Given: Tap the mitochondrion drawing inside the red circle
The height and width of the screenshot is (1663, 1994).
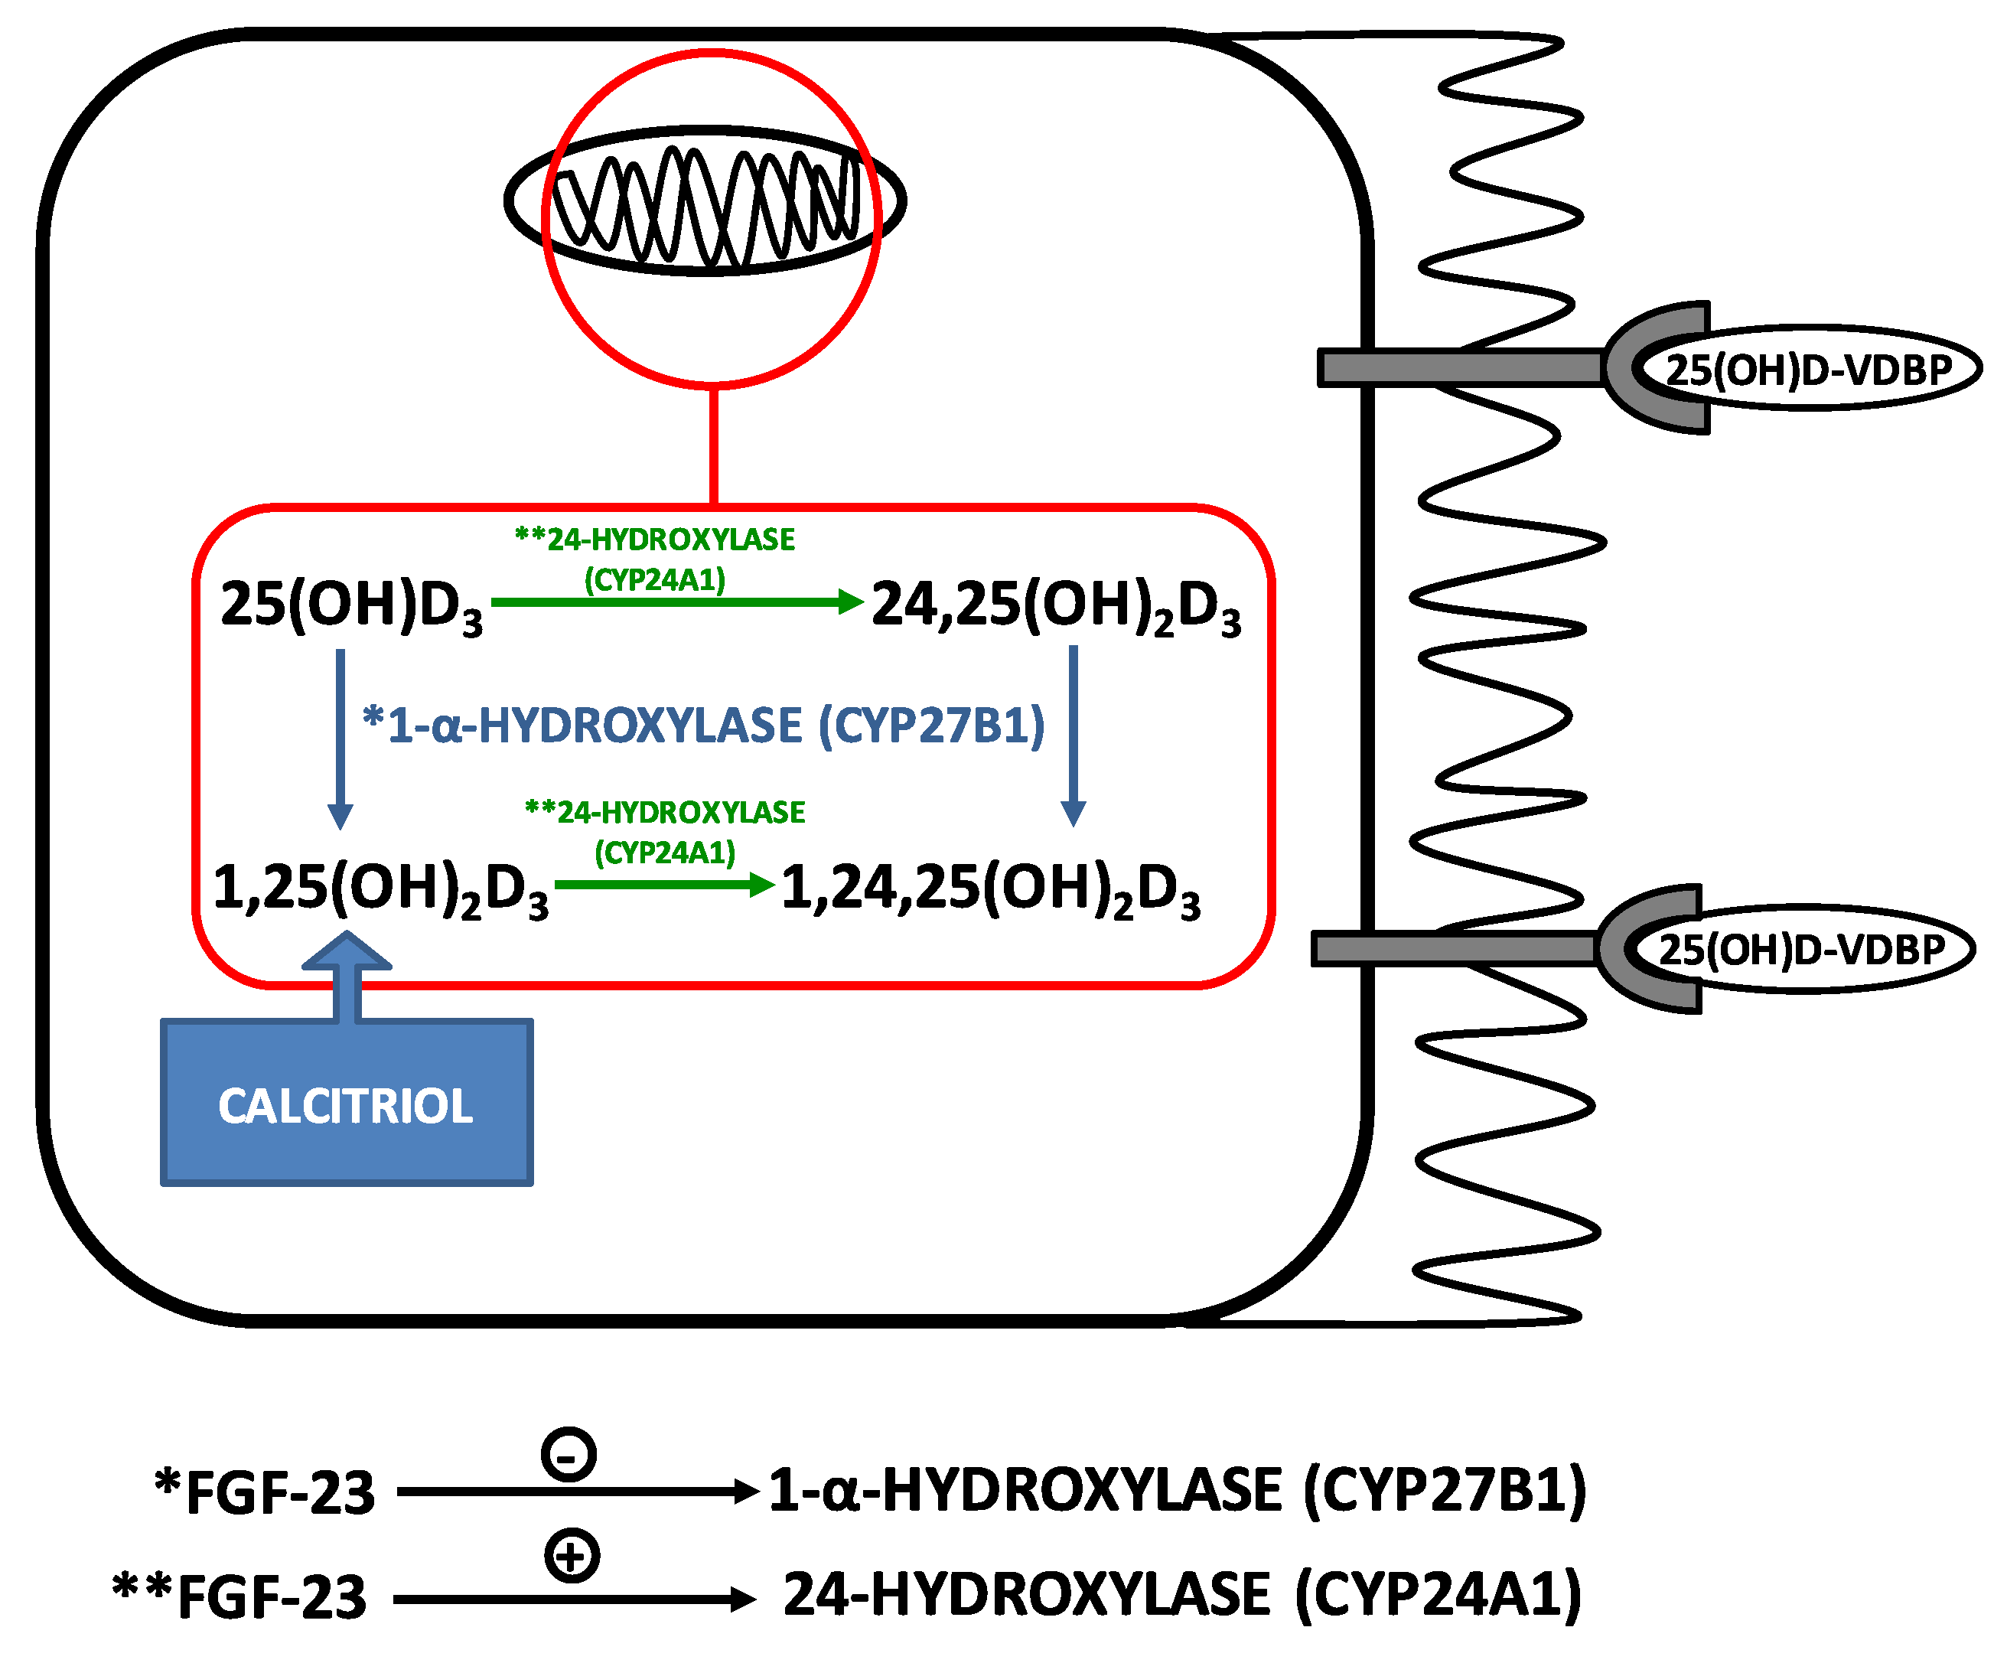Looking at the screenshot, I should point(705,201).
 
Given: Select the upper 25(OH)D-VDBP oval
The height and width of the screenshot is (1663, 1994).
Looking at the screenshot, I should point(1808,369).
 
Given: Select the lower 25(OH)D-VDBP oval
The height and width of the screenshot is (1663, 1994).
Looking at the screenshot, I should point(1801,949).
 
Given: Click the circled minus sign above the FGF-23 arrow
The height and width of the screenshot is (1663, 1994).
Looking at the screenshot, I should point(569,1454).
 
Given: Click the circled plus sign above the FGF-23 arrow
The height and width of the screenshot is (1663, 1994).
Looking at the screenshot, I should point(572,1556).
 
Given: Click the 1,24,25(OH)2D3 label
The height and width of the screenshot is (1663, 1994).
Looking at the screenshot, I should point(990,890).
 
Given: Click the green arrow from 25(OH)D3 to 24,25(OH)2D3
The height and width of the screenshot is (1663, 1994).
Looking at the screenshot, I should point(676,602).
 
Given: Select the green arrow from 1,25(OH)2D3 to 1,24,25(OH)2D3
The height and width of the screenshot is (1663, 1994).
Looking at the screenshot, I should point(665,884).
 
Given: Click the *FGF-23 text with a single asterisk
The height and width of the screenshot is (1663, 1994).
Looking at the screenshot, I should point(265,1491).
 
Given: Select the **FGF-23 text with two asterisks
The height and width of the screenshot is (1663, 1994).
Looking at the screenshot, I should point(239,1596).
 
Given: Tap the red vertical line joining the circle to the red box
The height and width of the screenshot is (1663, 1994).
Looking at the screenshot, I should point(713,446).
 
